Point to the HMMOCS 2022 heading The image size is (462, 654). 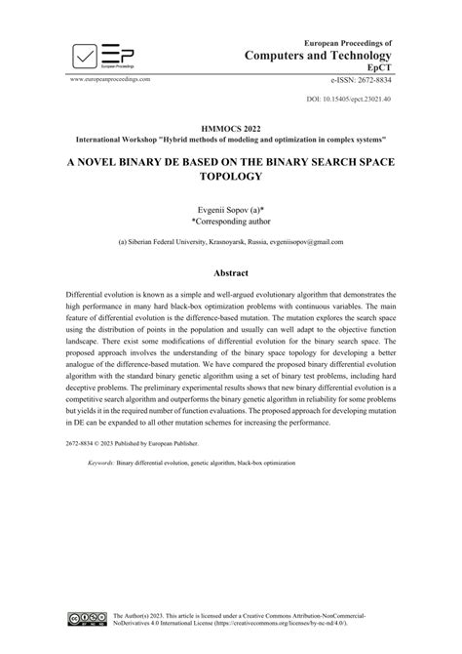(231, 128)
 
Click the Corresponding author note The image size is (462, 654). (231, 224)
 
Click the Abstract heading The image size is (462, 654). (231, 273)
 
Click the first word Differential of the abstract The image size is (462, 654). (87, 294)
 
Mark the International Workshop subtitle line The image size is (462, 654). (231, 141)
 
